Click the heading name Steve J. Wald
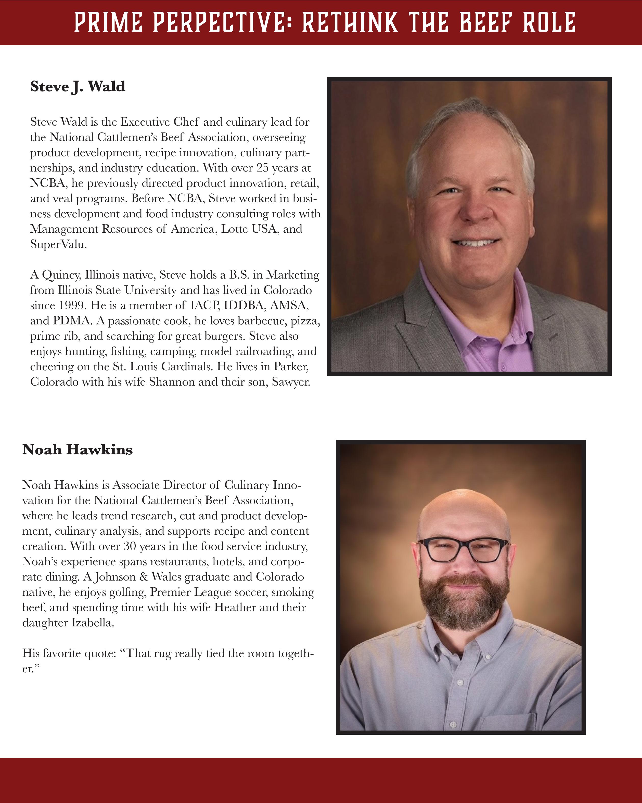[78, 86]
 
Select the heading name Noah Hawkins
[77, 450]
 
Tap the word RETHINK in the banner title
[350, 22]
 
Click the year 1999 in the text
[73, 305]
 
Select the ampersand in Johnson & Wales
[144, 577]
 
